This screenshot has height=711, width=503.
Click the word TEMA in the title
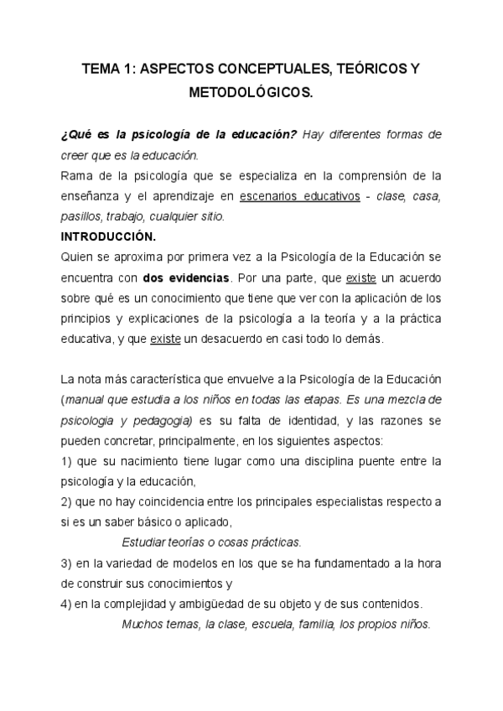[x=101, y=72]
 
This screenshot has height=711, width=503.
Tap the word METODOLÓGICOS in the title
[x=251, y=93]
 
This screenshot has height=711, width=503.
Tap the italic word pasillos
[x=82, y=215]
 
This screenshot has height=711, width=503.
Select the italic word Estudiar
[x=147, y=542]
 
